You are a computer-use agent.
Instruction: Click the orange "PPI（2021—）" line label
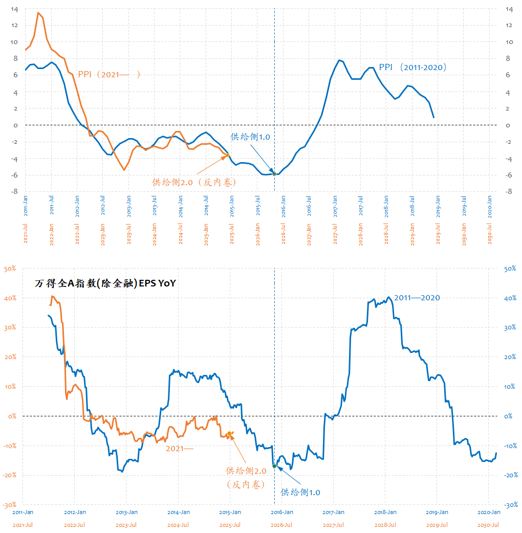pyautogui.click(x=108, y=75)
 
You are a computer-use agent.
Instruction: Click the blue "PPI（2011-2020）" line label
pyautogui.click(x=413, y=67)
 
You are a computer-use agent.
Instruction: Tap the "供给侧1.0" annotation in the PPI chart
pyautogui.click(x=250, y=137)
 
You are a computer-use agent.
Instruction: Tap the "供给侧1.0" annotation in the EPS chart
pyautogui.click(x=300, y=492)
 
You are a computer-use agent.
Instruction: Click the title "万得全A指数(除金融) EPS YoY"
pyautogui.click(x=105, y=283)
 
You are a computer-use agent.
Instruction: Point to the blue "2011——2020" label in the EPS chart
pyautogui.click(x=417, y=298)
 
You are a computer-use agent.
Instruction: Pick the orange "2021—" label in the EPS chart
pyautogui.click(x=180, y=449)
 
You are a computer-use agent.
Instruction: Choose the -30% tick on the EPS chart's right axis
pyautogui.click(x=512, y=505)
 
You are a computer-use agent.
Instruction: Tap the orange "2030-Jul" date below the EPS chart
pyautogui.click(x=488, y=525)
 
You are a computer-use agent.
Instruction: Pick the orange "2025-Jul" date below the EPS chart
pyautogui.click(x=229, y=525)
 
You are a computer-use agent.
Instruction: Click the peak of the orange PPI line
pyautogui.click(x=38, y=13)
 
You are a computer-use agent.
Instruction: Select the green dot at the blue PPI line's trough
pyautogui.click(x=274, y=174)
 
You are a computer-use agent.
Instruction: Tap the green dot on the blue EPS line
pyautogui.click(x=274, y=466)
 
